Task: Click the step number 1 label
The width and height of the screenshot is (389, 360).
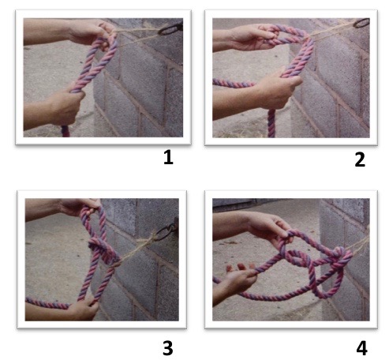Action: click(x=168, y=157)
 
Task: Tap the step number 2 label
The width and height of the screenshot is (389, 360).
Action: click(x=360, y=159)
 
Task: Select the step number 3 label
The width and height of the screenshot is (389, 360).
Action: click(x=168, y=348)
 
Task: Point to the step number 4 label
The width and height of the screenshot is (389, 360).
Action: click(x=361, y=348)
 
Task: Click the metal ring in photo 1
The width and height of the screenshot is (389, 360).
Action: click(x=170, y=29)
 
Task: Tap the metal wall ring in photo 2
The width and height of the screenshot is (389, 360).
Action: click(x=361, y=23)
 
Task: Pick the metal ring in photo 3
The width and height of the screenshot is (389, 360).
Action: click(x=167, y=231)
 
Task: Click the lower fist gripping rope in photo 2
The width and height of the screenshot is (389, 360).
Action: click(x=275, y=89)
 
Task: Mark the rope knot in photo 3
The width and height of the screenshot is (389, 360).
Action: click(x=103, y=250)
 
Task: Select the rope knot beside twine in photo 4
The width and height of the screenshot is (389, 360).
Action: click(x=341, y=257)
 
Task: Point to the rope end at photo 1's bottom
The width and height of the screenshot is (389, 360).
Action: click(x=65, y=131)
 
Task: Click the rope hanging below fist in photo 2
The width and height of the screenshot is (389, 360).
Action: click(x=271, y=123)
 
